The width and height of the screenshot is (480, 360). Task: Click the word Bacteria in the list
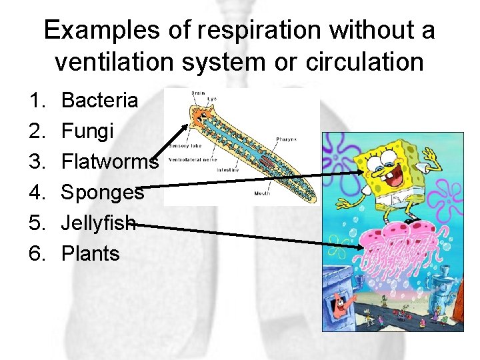99,101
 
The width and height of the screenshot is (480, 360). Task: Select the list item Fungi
87,131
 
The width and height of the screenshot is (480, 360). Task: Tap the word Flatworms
109,162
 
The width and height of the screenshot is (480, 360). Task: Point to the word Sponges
102,193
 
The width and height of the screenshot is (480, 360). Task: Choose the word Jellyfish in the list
99,223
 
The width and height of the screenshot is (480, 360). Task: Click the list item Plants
90,253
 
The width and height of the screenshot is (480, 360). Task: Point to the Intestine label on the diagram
228,170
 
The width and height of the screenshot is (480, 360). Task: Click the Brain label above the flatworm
198,94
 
